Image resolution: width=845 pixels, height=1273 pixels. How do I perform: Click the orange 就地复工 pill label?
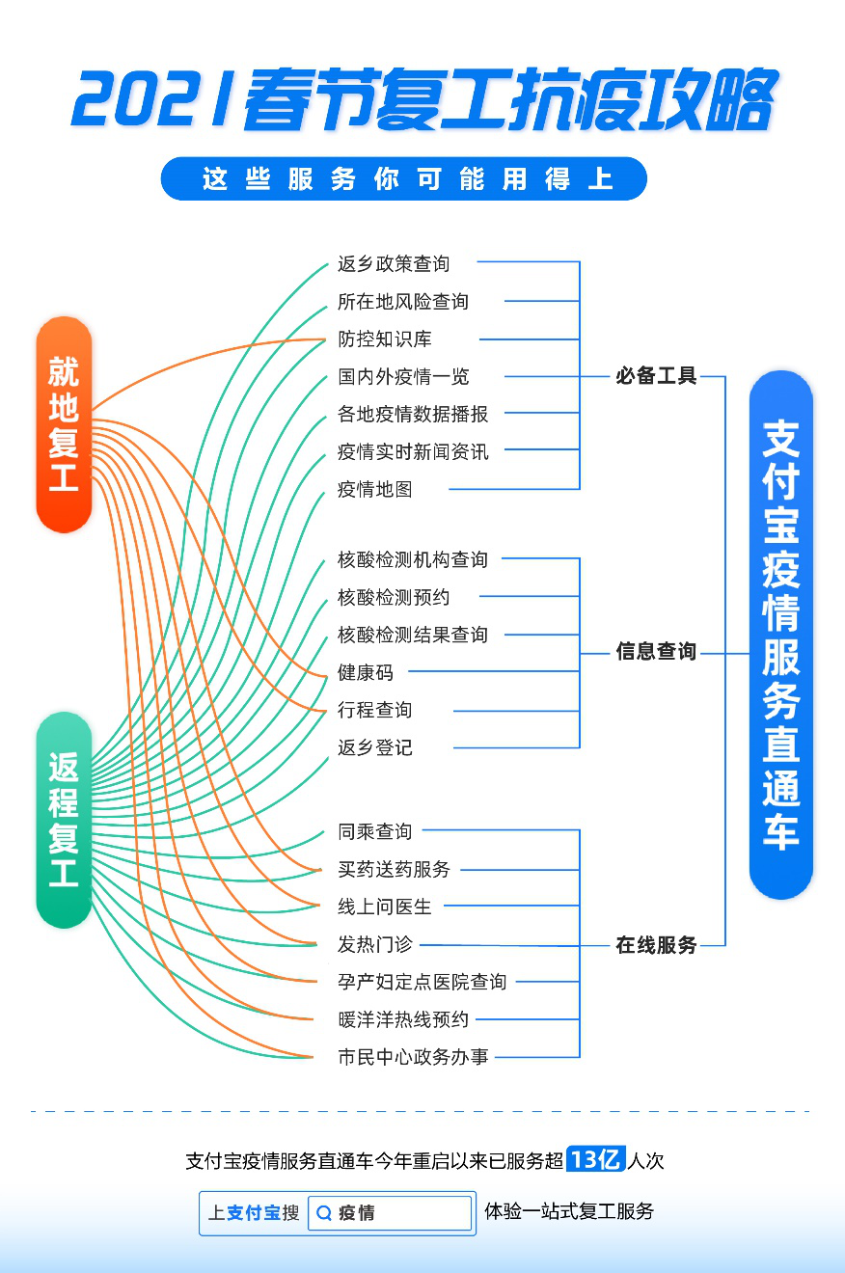coord(64,424)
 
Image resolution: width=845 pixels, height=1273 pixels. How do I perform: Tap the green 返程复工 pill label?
coord(64,820)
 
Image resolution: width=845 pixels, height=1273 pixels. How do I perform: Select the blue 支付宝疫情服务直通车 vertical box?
coord(781,635)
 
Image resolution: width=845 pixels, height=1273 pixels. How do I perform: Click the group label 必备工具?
coord(656,376)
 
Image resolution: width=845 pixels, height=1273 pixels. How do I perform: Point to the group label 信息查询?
coord(656,652)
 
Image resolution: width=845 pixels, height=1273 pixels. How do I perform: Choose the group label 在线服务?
coord(656,945)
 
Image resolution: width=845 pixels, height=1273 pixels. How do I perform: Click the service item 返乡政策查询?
coord(394,263)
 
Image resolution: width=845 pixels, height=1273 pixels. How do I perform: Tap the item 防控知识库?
coord(385,339)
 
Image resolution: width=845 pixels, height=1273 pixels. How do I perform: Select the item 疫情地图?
coord(375,489)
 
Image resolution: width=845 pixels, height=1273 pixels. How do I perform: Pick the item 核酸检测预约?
coord(394,597)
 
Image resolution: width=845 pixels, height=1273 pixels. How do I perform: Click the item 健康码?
coord(366,672)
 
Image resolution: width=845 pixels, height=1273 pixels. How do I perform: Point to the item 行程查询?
coord(375,710)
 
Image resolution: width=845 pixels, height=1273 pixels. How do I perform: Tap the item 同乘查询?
coord(375,831)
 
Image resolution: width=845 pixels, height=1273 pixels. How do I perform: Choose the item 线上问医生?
coord(385,907)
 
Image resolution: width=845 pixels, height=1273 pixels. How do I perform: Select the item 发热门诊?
coord(375,944)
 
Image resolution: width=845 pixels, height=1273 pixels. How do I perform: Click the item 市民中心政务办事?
coord(413,1057)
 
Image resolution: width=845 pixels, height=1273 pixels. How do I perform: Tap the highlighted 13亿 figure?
coord(595,1159)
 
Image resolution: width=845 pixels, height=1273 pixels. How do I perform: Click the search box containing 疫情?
coord(390,1213)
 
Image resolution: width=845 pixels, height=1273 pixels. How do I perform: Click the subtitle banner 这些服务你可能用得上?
coord(403,179)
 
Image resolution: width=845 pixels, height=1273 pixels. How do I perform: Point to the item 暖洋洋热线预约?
coord(403,1019)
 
